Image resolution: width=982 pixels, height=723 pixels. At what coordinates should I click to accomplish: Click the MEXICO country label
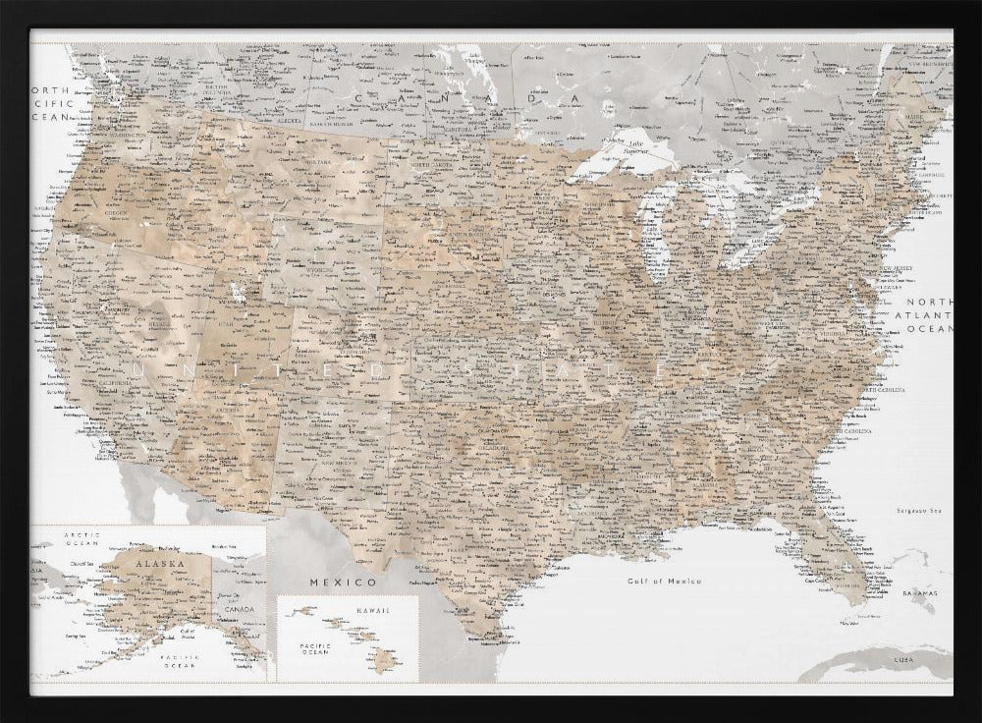point(329,582)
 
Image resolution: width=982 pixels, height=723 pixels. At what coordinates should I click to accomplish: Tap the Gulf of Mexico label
point(665,582)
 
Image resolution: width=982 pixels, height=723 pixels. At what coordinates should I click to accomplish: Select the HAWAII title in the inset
point(373,610)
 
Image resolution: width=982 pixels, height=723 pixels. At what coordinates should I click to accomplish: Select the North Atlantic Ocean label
point(928,315)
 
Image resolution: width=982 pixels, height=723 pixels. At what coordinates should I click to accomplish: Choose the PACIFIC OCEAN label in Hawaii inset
point(315,648)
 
